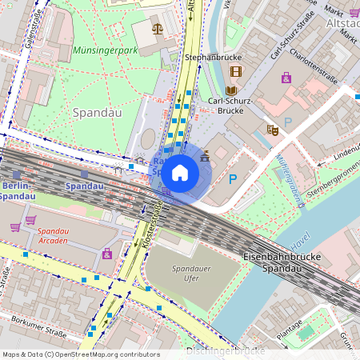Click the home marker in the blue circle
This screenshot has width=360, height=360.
[x=180, y=172]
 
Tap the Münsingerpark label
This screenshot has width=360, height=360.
[x=105, y=50]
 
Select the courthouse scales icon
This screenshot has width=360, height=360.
[x=156, y=28]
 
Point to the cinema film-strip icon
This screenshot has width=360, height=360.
[x=235, y=71]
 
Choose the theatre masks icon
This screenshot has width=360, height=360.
[x=272, y=129]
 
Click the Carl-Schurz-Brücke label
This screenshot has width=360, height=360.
[x=231, y=106]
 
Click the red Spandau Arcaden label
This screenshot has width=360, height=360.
[x=60, y=235]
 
